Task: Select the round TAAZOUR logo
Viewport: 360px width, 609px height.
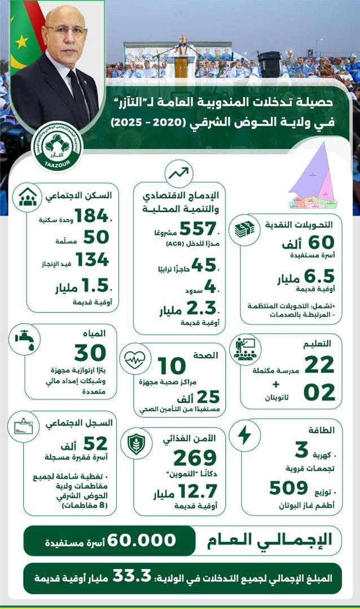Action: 56,148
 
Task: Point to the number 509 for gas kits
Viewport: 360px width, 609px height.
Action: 288,487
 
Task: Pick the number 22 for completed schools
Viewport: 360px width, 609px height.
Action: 319,365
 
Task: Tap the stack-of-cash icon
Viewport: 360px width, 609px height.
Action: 245,229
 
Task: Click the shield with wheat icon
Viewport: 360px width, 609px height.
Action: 137,442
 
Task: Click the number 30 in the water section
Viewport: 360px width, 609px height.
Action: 90,353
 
